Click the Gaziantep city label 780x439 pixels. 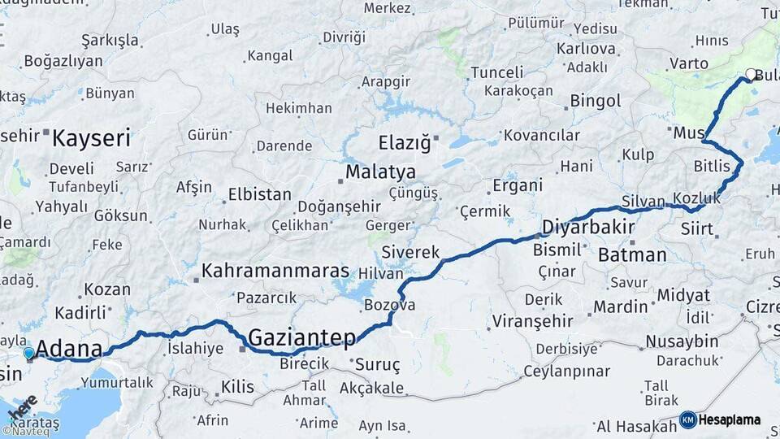tap(301, 337)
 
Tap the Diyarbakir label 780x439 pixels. tap(587, 227)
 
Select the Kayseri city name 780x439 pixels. tap(91, 137)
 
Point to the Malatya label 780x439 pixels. tap(380, 172)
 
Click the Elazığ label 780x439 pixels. tap(404, 144)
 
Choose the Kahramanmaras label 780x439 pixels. tap(275, 271)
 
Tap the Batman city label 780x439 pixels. tap(632, 254)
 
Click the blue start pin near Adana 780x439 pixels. tap(29, 354)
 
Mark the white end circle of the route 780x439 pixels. tap(751, 75)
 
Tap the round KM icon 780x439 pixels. tap(688, 420)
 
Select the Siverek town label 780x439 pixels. tap(410, 252)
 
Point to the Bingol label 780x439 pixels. tap(596, 102)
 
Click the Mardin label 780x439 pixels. tap(620, 306)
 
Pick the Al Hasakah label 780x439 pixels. tap(636, 426)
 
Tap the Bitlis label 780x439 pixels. tap(712, 167)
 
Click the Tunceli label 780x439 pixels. tap(497, 72)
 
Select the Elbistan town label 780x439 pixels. tap(260, 195)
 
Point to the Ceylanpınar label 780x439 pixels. tap(565, 372)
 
